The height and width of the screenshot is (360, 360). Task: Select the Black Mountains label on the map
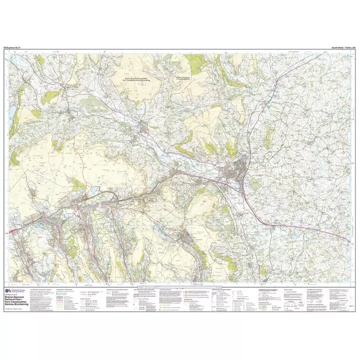tap(185, 78)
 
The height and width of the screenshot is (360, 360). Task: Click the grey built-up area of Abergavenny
tap(242, 169)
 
